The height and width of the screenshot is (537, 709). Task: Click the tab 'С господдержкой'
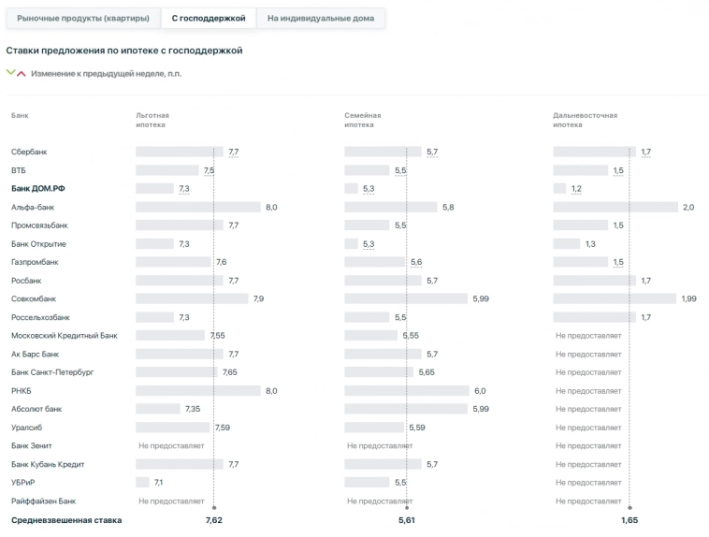pos(208,18)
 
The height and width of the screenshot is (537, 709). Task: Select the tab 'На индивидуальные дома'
pos(320,18)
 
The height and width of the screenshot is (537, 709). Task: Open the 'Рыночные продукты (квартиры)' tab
pos(82,18)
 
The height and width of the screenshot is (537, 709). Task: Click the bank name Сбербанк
pos(29,152)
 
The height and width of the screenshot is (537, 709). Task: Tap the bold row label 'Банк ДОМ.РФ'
pos(38,189)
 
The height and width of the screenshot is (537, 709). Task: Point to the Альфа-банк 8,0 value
pos(271,207)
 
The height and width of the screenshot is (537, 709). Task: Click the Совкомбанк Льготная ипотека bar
pos(192,298)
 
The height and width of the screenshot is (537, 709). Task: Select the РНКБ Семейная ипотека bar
pos(406,390)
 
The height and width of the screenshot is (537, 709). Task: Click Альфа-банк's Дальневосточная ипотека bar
pos(615,207)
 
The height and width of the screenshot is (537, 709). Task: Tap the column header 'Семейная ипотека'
pos(363,120)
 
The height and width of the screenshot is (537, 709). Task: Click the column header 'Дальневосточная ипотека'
pos(585,120)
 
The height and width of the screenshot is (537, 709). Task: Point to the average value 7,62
pos(213,520)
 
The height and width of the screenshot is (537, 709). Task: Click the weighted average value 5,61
pos(406,520)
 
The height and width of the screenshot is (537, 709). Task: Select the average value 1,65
pos(629,520)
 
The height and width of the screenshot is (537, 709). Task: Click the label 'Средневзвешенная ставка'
pos(66,520)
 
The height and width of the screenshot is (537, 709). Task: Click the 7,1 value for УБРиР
pos(159,482)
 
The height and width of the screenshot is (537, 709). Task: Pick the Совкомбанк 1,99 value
pos(689,298)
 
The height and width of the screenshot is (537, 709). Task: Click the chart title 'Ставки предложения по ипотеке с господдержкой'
pos(124,51)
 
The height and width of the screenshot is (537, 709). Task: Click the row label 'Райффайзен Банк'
pos(44,501)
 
